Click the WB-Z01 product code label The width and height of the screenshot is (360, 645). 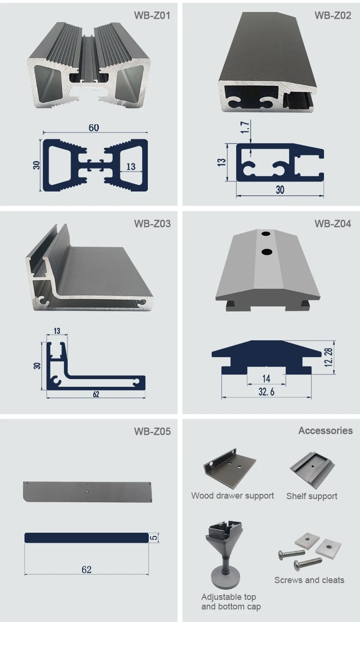click(152, 15)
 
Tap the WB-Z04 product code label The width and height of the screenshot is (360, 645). click(333, 224)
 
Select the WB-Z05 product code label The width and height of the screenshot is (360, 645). click(152, 431)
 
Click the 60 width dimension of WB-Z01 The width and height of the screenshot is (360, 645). click(94, 128)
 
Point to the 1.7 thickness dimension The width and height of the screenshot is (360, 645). click(245, 127)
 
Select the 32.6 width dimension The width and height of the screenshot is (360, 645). click(266, 392)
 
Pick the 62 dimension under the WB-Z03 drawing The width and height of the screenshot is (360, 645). click(96, 394)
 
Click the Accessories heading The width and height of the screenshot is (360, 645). click(325, 430)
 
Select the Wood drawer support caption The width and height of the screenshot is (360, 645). click(232, 496)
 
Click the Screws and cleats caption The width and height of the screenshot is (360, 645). click(309, 580)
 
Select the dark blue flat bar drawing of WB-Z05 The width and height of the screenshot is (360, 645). click(86, 537)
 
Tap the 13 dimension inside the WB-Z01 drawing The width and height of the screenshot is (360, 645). click(131, 167)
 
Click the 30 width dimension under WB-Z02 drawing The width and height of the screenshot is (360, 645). click(280, 190)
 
